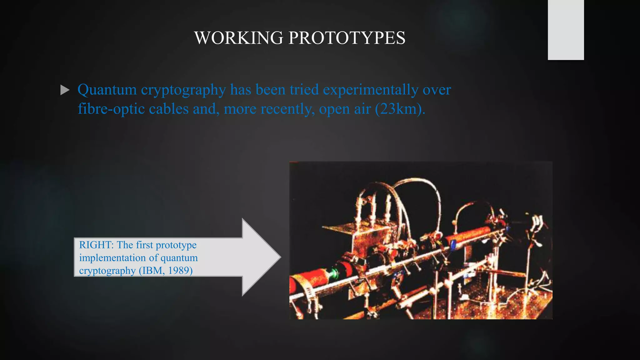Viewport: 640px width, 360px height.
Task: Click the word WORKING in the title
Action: pos(239,38)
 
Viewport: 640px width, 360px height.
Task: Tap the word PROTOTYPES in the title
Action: pos(347,38)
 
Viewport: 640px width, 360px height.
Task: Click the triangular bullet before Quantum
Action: pos(65,90)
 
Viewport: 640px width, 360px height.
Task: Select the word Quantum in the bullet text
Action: pos(107,90)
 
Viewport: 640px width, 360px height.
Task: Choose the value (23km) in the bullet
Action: pos(400,109)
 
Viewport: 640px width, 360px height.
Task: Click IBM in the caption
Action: pos(152,270)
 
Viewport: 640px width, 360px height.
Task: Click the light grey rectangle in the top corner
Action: pos(566,30)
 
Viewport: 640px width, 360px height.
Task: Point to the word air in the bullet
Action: pos(362,109)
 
